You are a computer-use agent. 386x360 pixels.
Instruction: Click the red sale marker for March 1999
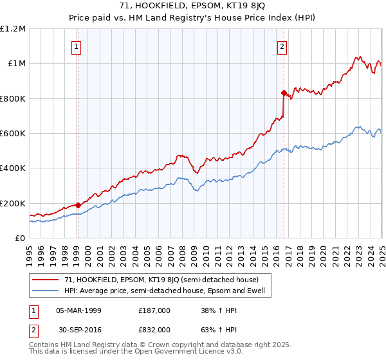[x=78, y=205]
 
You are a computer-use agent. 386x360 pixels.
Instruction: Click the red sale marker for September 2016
[x=284, y=93]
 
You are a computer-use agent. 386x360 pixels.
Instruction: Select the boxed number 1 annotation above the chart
[x=77, y=46]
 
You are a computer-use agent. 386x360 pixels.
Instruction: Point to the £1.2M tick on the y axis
[x=13, y=29]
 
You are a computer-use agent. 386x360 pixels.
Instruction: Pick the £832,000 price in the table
[x=154, y=329]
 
